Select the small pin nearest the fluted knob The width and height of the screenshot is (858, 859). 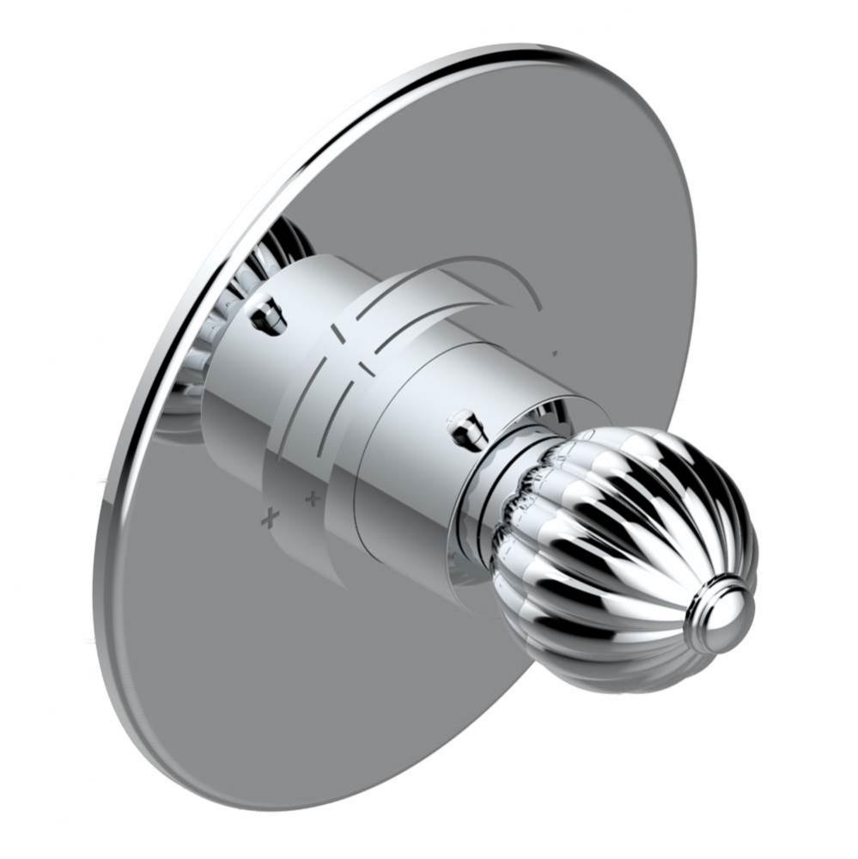click(465, 426)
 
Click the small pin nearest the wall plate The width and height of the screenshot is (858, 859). click(268, 314)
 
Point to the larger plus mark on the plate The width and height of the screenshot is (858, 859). click(271, 516)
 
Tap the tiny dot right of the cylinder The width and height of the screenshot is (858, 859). click(556, 352)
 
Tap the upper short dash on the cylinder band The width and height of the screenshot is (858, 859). click(338, 330)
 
